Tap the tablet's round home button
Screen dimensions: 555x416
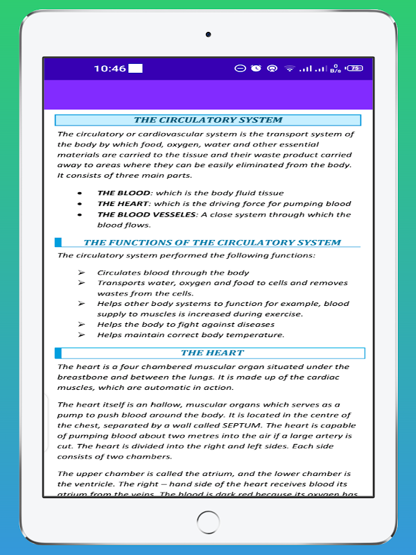point(208,522)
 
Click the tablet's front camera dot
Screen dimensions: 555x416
point(208,34)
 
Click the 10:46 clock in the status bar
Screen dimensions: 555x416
point(110,68)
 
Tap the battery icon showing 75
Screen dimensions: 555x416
point(354,68)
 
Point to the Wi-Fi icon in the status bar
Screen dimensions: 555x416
point(288,68)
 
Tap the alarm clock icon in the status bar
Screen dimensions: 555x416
point(256,68)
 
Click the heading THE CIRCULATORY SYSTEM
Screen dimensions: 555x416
point(208,120)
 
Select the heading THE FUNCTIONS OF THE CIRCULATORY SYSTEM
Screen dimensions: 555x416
point(212,242)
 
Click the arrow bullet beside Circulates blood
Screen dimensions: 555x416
point(81,273)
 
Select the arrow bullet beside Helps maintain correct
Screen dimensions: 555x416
point(81,335)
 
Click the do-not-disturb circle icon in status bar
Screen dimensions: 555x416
point(240,68)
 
